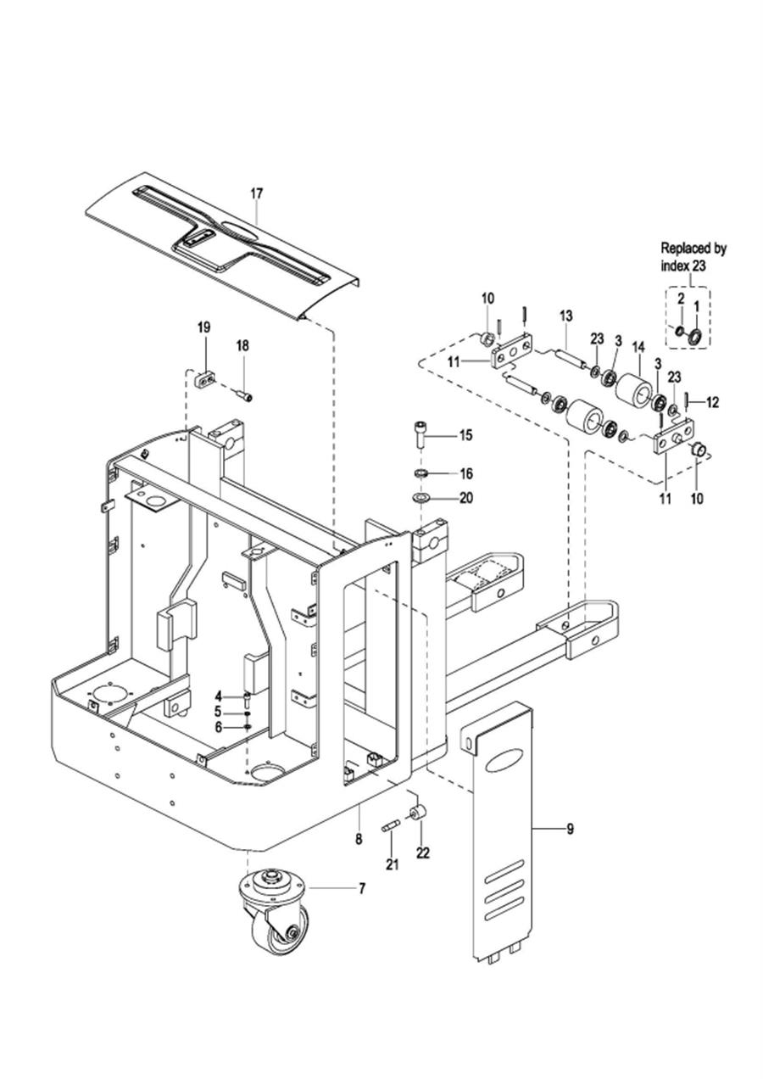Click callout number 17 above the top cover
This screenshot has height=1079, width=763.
[257, 193]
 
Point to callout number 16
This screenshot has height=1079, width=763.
[466, 473]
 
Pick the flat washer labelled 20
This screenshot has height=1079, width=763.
[420, 496]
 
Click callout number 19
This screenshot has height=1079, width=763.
[203, 327]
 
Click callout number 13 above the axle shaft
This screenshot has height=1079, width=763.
[566, 316]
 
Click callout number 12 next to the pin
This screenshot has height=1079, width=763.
[712, 402]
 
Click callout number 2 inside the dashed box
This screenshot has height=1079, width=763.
[681, 299]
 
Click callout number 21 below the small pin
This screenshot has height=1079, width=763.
[393, 864]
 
